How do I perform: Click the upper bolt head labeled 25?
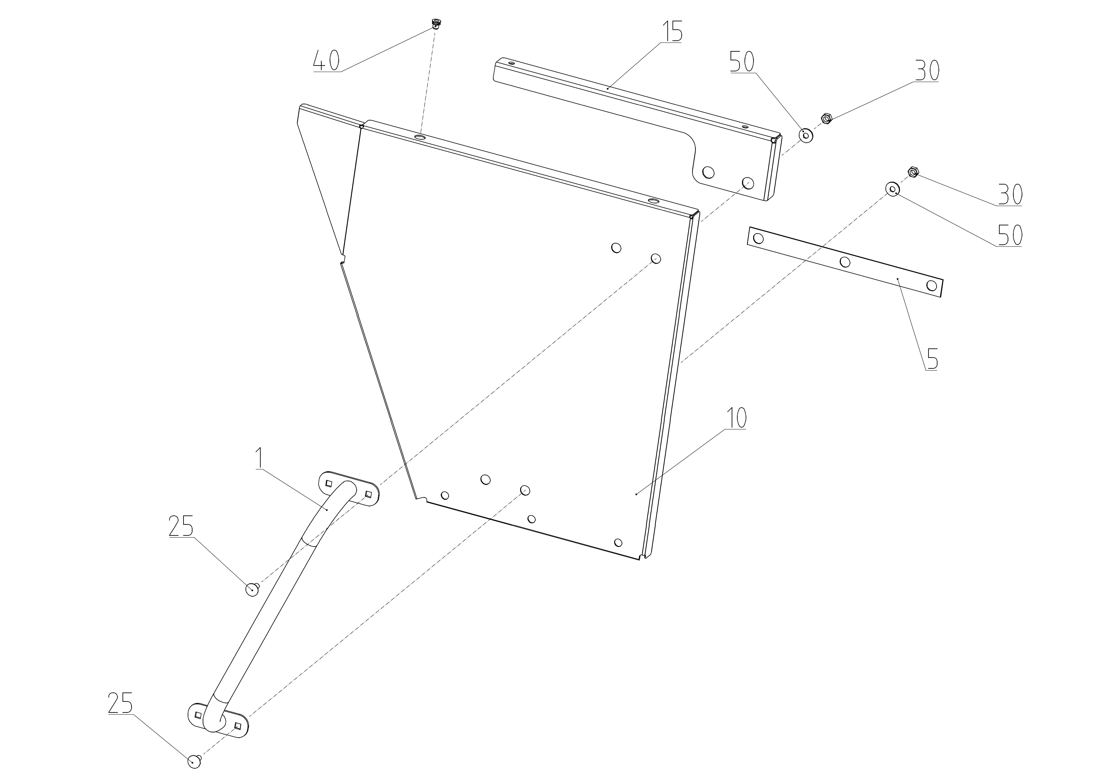252,589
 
